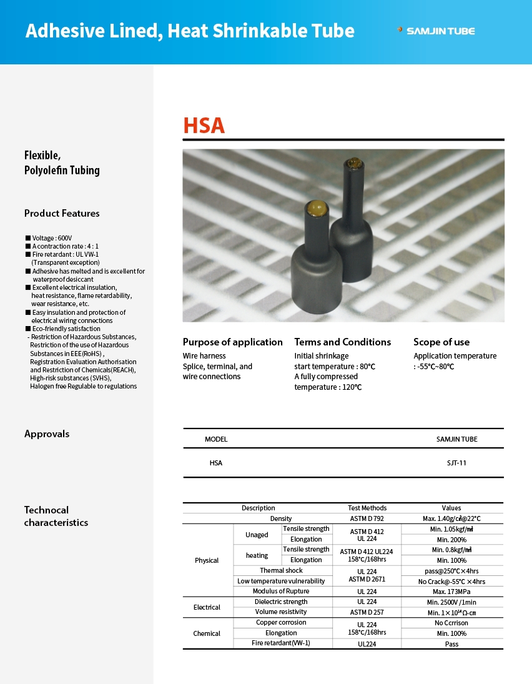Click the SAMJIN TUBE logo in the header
point(436,31)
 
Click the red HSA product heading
point(204,126)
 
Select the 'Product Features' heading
point(62,213)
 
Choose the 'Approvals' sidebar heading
point(47,434)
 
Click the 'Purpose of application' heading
point(232,342)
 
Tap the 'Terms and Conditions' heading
point(342,342)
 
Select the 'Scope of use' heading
point(441,342)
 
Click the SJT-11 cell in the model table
point(456,463)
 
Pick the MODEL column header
point(216,439)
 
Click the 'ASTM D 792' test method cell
point(367,518)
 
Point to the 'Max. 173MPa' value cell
point(452,591)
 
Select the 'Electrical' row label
point(207,607)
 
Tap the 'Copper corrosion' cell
point(281,622)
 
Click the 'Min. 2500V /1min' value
point(452,602)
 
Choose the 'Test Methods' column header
point(367,508)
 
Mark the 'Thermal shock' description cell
point(281,570)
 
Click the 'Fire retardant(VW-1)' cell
point(281,643)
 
